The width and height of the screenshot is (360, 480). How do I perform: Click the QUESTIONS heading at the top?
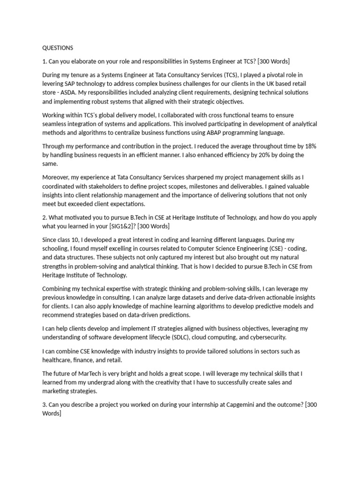[x=58, y=48]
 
